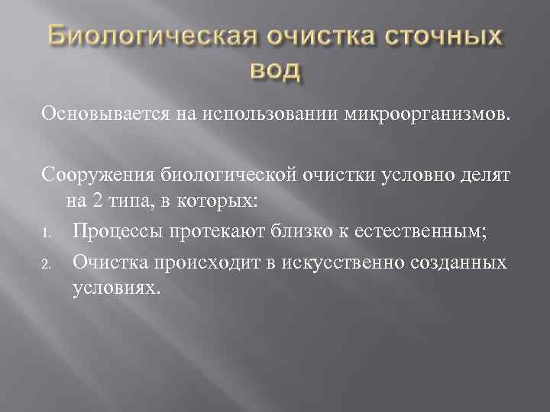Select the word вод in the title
point(275,71)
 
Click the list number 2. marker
point(47,264)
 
